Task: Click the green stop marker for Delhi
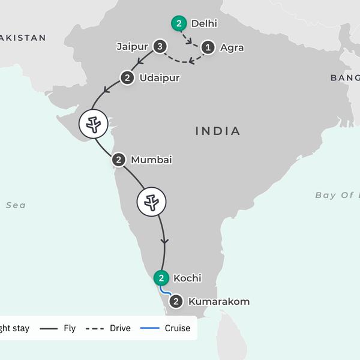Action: (x=178, y=24)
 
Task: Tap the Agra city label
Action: (x=232, y=47)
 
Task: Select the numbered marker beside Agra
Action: (x=208, y=47)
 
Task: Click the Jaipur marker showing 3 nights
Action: (x=159, y=46)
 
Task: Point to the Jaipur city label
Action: (x=133, y=46)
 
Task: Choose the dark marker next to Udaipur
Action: (x=127, y=77)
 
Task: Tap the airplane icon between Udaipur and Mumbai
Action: (x=95, y=124)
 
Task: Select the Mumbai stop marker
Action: (x=119, y=160)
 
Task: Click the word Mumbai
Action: (x=151, y=160)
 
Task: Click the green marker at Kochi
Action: (x=161, y=278)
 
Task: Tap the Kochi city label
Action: (x=187, y=278)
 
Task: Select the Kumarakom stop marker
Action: (x=176, y=301)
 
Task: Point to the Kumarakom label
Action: (x=218, y=302)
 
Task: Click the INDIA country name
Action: (x=218, y=131)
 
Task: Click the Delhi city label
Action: (x=203, y=24)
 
